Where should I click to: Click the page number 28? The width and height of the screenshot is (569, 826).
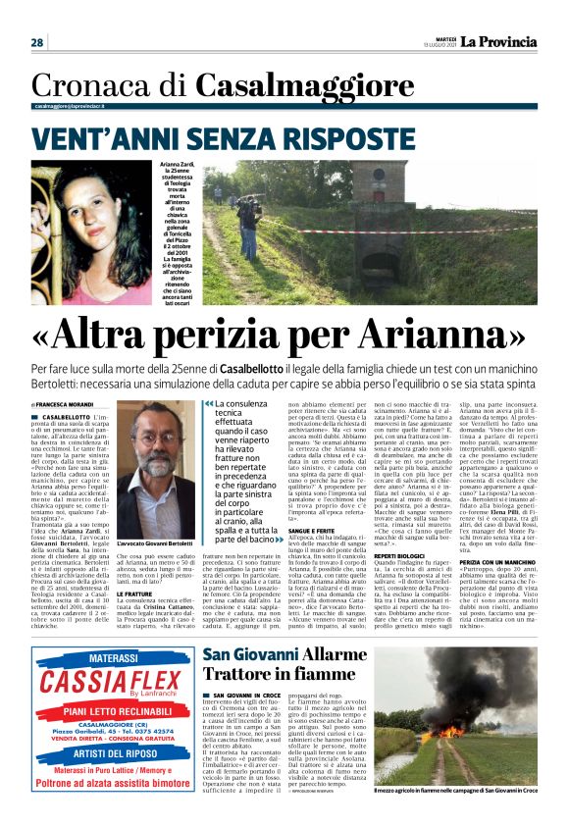[37, 42]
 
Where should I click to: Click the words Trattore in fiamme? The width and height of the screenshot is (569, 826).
[265, 674]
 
